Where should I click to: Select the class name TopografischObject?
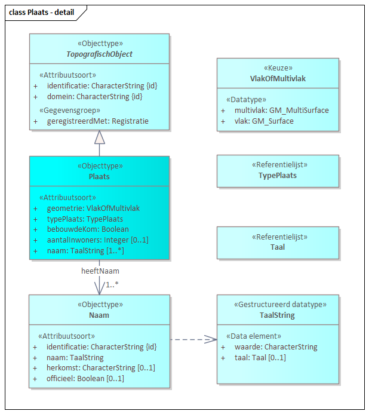[x=99, y=54]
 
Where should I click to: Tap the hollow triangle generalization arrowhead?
[x=99, y=137]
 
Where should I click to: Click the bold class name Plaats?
[x=99, y=177]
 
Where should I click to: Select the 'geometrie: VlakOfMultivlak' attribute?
[x=93, y=208]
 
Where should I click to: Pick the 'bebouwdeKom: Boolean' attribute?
[x=88, y=229]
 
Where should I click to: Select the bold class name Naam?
[x=99, y=315]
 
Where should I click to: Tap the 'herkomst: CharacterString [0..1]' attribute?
[x=100, y=368]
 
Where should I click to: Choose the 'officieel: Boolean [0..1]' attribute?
[x=85, y=378]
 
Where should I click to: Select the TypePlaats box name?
[x=278, y=176]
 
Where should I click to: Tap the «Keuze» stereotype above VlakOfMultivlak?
[x=278, y=68]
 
